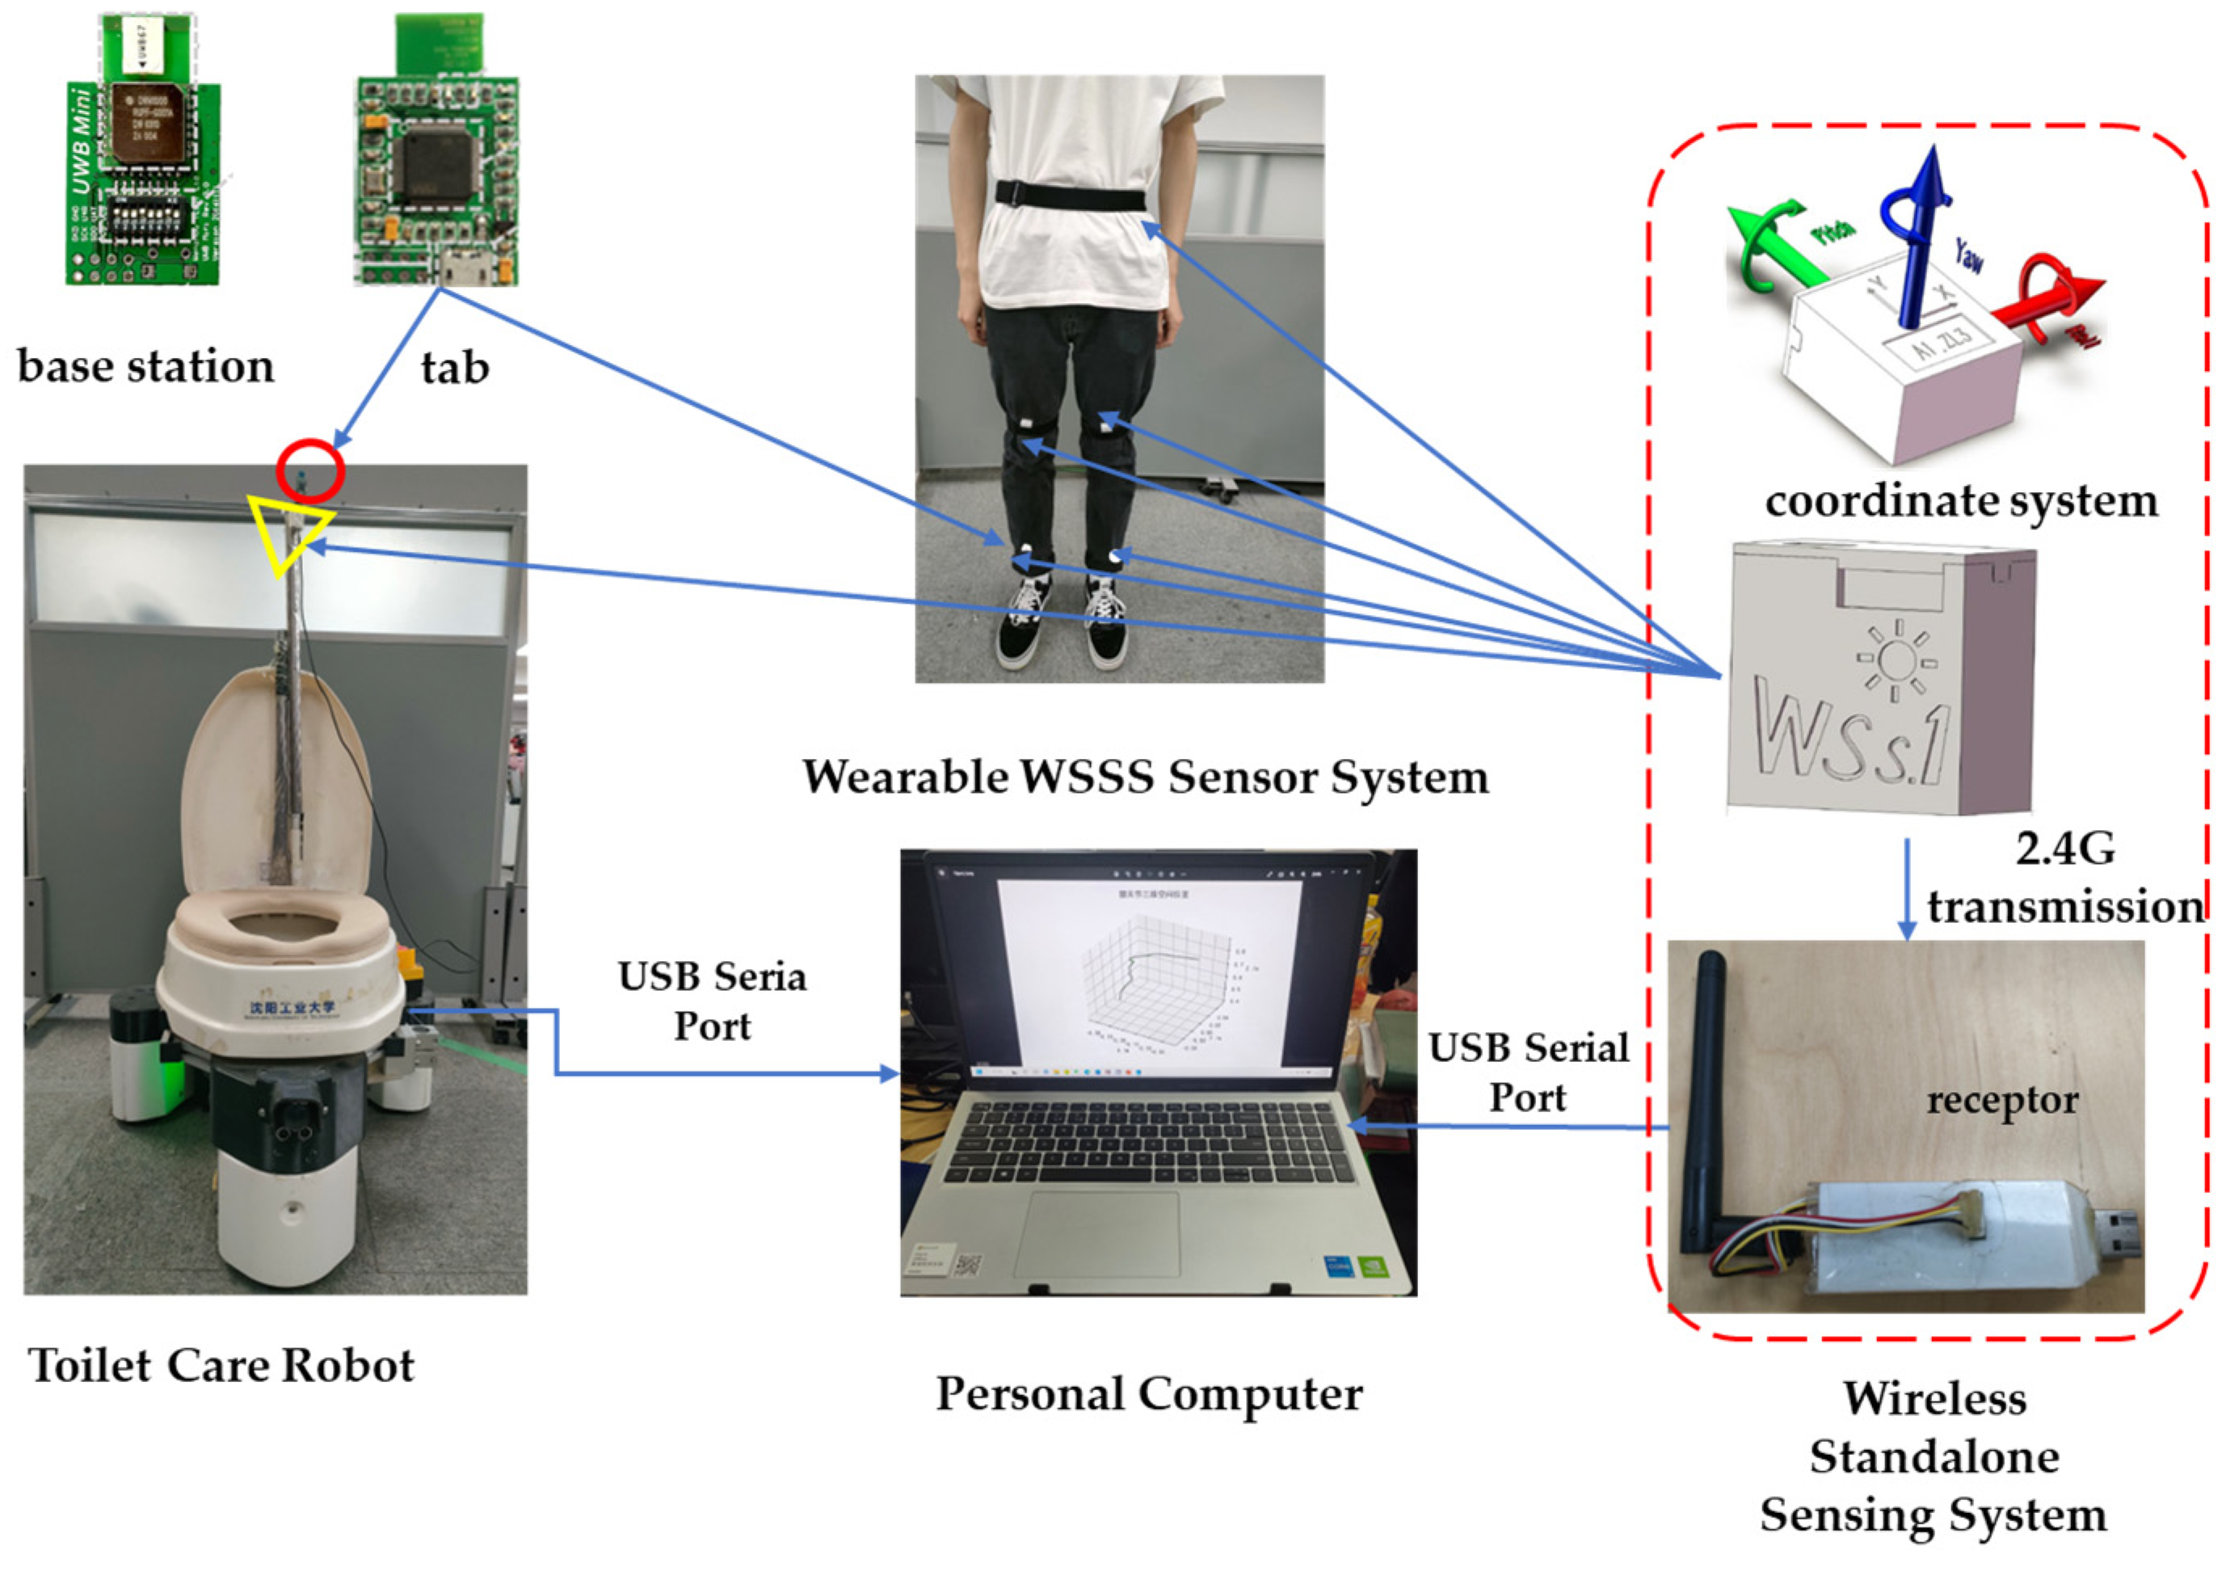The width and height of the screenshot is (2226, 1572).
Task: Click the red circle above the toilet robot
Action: (x=310, y=471)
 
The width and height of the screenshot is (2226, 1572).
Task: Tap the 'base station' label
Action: (x=145, y=367)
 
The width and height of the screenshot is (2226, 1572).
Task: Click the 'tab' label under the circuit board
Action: (x=455, y=368)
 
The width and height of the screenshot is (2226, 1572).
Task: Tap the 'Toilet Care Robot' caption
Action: (x=221, y=1365)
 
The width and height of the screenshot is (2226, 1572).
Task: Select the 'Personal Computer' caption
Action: (x=1149, y=1393)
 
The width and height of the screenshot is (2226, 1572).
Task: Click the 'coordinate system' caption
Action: (x=1961, y=501)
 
